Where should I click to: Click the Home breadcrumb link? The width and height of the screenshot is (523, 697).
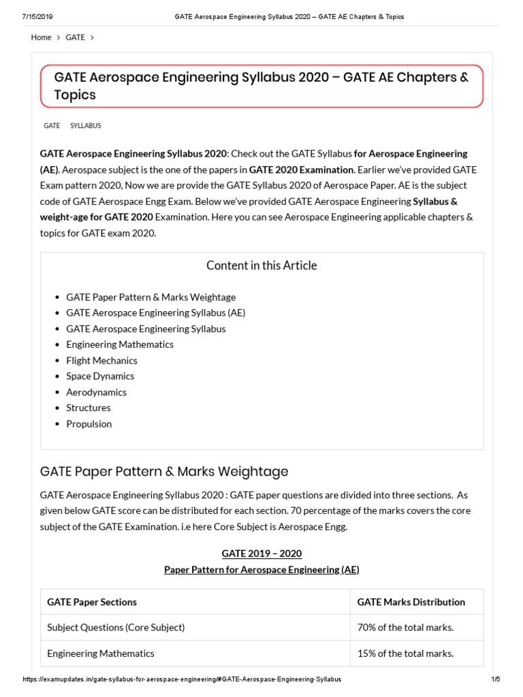(41, 37)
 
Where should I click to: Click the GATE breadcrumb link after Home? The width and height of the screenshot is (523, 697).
(76, 37)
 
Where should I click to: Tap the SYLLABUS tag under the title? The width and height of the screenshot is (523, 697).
(86, 126)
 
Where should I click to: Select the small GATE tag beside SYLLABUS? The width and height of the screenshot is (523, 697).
(52, 126)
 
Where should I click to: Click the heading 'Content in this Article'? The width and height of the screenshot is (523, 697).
(261, 265)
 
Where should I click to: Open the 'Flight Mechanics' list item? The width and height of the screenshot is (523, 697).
(101, 361)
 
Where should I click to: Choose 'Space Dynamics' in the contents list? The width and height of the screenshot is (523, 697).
(100, 376)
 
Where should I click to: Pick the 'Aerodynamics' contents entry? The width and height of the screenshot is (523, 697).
(96, 392)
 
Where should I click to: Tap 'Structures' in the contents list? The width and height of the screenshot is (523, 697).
(89, 408)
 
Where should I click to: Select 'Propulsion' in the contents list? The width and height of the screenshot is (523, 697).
(89, 424)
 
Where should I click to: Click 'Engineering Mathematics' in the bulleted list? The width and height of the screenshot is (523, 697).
(120, 344)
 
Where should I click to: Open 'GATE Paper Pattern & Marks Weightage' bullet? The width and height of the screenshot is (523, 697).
(150, 297)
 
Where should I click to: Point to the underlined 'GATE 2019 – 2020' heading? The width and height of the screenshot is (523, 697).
(261, 553)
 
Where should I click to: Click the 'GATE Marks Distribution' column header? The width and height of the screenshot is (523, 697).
(411, 602)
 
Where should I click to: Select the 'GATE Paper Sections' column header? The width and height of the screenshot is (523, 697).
(92, 602)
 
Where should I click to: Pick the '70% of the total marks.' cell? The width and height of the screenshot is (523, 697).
(405, 628)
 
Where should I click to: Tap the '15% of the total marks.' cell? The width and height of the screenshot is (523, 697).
(405, 653)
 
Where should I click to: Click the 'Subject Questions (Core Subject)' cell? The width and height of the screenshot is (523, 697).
(116, 628)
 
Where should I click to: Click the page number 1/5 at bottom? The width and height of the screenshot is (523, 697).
(496, 679)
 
